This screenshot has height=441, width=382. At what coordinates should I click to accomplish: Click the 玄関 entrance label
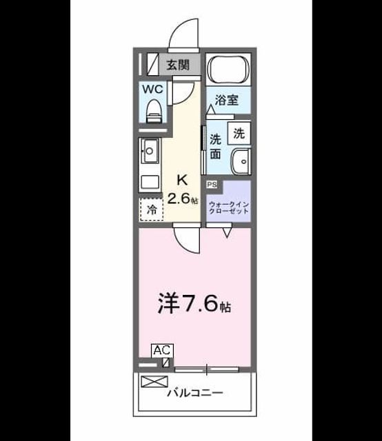pos(178,65)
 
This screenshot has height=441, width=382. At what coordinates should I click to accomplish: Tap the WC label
pos(153,90)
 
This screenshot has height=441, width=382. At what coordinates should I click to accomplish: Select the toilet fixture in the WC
pos(154,111)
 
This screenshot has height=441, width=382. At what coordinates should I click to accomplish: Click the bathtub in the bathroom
pos(228,69)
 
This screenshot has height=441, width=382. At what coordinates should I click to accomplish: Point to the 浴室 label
pos(227,100)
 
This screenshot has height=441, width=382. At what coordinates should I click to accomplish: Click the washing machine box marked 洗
pos(239,133)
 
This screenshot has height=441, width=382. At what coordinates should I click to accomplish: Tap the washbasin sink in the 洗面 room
pos(241,162)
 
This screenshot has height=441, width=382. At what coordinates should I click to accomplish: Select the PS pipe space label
pos(212,185)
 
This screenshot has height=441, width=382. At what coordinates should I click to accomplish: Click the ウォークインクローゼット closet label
pos(229,208)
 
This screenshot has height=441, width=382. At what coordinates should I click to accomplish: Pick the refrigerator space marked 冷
pos(152,209)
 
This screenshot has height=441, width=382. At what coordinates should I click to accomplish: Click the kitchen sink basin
pos(150,152)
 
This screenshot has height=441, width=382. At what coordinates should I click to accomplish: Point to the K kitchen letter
pos(182,180)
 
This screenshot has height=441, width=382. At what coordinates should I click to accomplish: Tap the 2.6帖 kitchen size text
pos(183,199)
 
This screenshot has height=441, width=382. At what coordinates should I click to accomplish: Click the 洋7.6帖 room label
pos(194,304)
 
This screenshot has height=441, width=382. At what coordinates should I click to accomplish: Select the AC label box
pos(163,351)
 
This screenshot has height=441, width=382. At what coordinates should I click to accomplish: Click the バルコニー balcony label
pos(195,393)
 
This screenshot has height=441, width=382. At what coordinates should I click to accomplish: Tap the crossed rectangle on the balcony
pos(154,382)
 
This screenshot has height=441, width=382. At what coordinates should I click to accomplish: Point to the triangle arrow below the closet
pos(227,233)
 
